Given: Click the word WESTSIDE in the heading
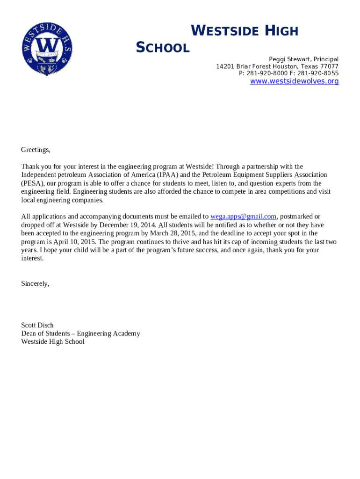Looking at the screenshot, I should coord(225,31).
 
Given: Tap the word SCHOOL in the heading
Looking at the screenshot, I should coord(162,48).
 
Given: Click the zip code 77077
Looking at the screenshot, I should coord(329,66).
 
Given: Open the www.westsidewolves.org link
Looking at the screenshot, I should coord(294,81).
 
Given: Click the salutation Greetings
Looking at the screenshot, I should coord(36,150).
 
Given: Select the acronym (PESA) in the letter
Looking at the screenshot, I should coord(32,183).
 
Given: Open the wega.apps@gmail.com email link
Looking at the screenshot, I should coord(243,217).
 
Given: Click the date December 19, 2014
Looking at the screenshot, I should coord(125,225).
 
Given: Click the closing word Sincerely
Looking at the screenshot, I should coord(35,283).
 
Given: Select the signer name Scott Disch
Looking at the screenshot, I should coord(37,325).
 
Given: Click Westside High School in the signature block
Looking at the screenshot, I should coord(53,342).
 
